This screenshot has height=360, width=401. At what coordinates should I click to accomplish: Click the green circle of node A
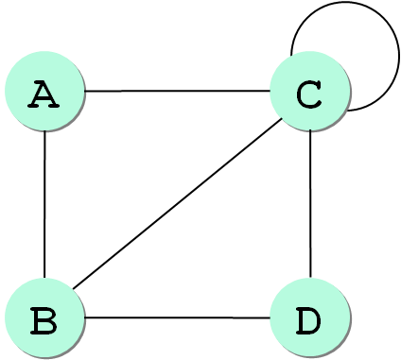[x=44, y=91]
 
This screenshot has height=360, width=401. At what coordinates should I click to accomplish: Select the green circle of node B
[x=44, y=317]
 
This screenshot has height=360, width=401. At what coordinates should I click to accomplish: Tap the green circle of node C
[x=310, y=91]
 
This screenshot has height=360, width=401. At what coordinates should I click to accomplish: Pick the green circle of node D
[x=310, y=317]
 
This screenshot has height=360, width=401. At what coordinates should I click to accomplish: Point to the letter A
[x=44, y=94]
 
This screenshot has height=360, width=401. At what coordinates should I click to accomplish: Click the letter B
[x=44, y=320]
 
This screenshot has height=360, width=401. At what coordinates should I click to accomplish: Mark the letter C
[x=309, y=94]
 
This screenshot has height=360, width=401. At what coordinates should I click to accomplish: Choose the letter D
[x=308, y=320]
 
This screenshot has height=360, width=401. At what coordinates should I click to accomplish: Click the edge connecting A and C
[x=178, y=91]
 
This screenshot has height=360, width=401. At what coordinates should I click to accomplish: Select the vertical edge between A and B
[x=44, y=204]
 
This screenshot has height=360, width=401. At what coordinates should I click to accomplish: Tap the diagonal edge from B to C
[x=177, y=203]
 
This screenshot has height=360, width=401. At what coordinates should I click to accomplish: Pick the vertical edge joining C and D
[x=310, y=204]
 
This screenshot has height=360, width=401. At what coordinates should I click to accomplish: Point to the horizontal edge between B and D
[x=178, y=317]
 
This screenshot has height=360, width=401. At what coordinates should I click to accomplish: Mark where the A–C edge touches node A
[x=85, y=91]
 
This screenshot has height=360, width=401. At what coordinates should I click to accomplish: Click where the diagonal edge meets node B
[x=73, y=288]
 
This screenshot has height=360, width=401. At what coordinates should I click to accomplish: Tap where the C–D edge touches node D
[x=310, y=278]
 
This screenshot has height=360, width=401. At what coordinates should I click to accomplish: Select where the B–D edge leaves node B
[x=85, y=317]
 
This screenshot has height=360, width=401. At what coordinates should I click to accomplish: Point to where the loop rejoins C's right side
[x=347, y=111]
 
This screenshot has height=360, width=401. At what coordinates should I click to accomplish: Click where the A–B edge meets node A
[x=44, y=130]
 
